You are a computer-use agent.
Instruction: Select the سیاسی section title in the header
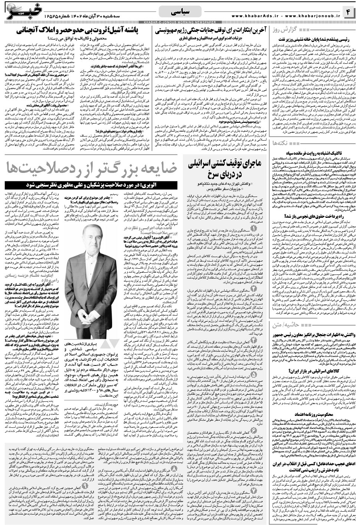click(180, 12)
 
